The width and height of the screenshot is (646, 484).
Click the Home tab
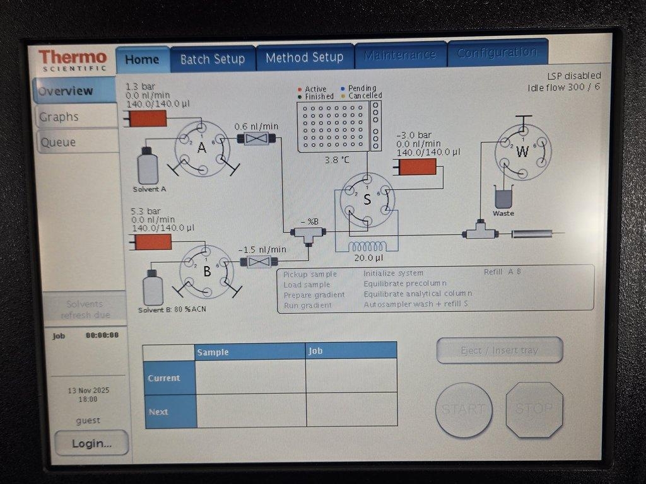point(142,60)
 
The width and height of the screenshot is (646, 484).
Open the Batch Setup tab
point(213,59)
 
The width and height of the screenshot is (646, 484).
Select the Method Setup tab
point(304,58)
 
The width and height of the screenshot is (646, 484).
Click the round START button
point(464,410)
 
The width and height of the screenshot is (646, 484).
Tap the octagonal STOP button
point(534,409)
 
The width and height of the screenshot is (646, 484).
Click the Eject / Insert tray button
point(500,350)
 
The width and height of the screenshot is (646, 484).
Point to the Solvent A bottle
point(148,166)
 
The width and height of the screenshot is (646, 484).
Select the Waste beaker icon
point(503,197)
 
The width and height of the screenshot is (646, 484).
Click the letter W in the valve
point(522,152)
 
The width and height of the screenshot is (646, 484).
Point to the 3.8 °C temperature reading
point(336,160)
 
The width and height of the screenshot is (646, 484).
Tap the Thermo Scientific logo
point(73,60)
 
